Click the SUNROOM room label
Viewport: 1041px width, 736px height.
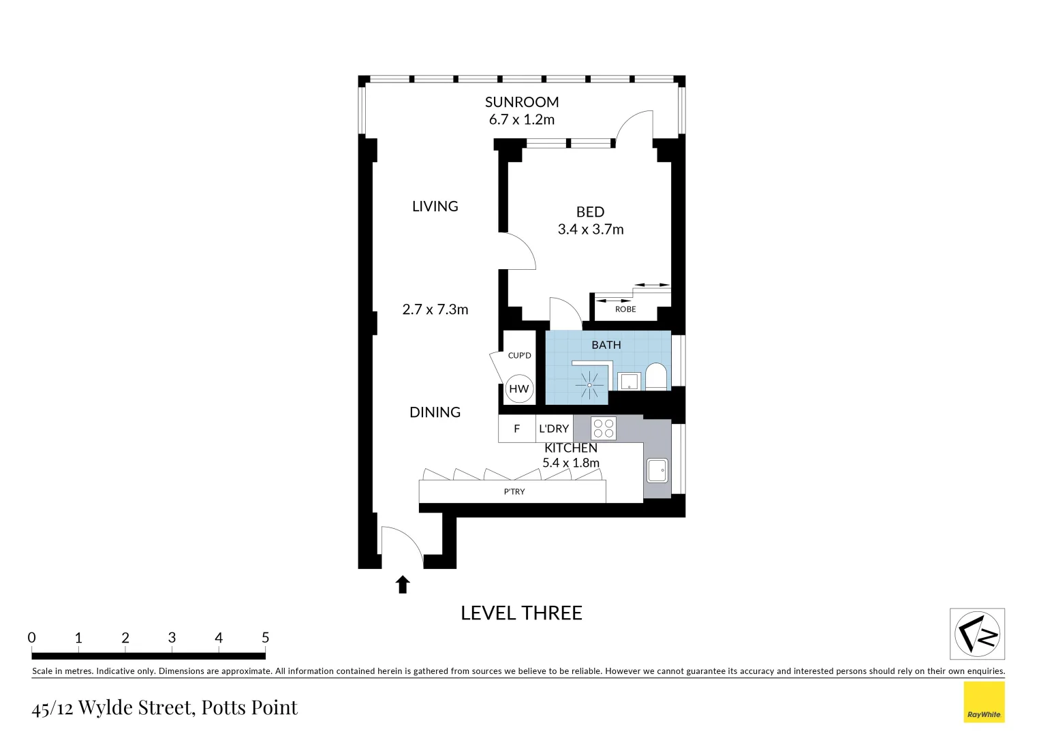(x=522, y=102)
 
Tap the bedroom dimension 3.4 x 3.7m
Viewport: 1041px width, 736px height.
(x=591, y=230)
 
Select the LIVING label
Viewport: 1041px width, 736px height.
(x=435, y=206)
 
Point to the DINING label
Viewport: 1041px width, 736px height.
(x=435, y=412)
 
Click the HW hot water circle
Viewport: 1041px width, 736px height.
(x=519, y=389)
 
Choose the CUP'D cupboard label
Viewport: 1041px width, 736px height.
(x=519, y=356)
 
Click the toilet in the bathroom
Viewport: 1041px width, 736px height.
(x=656, y=377)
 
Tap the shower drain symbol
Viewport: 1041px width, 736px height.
(x=589, y=386)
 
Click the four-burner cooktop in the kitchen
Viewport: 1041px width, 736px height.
(x=604, y=429)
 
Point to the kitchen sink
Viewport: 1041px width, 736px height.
(x=657, y=470)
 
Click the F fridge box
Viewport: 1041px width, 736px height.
(x=516, y=429)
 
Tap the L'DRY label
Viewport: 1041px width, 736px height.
(x=554, y=429)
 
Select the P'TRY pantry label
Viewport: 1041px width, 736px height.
(x=514, y=492)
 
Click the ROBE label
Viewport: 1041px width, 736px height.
(x=625, y=309)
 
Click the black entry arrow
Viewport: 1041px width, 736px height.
(x=403, y=585)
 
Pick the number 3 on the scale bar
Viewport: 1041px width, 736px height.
(x=172, y=637)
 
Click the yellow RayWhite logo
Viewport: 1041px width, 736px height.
(x=984, y=702)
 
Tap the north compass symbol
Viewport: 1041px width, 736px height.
(x=977, y=634)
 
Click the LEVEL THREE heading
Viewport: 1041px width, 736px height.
(x=521, y=613)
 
